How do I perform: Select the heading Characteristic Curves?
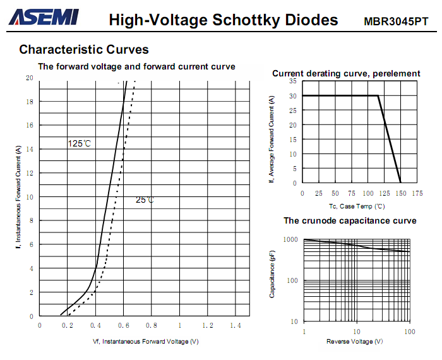click(84, 49)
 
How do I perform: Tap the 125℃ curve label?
click(80, 144)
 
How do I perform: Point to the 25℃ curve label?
click(145, 200)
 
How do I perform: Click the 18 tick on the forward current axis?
click(30, 102)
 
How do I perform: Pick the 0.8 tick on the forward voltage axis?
click(152, 325)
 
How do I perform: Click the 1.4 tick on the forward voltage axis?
click(236, 325)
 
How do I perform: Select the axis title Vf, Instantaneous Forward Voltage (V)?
click(146, 342)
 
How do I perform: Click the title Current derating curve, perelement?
click(346, 73)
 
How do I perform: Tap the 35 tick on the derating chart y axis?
click(294, 81)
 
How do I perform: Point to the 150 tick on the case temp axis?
click(400, 193)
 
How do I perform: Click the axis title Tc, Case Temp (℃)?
click(357, 206)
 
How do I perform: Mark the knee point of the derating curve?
click(378, 96)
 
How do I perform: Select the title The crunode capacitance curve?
click(350, 220)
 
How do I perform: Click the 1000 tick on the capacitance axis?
click(290, 240)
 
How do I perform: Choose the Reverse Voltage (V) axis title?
click(354, 342)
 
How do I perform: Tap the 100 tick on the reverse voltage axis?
click(410, 332)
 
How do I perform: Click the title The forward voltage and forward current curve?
click(137, 66)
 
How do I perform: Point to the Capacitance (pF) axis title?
click(272, 274)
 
